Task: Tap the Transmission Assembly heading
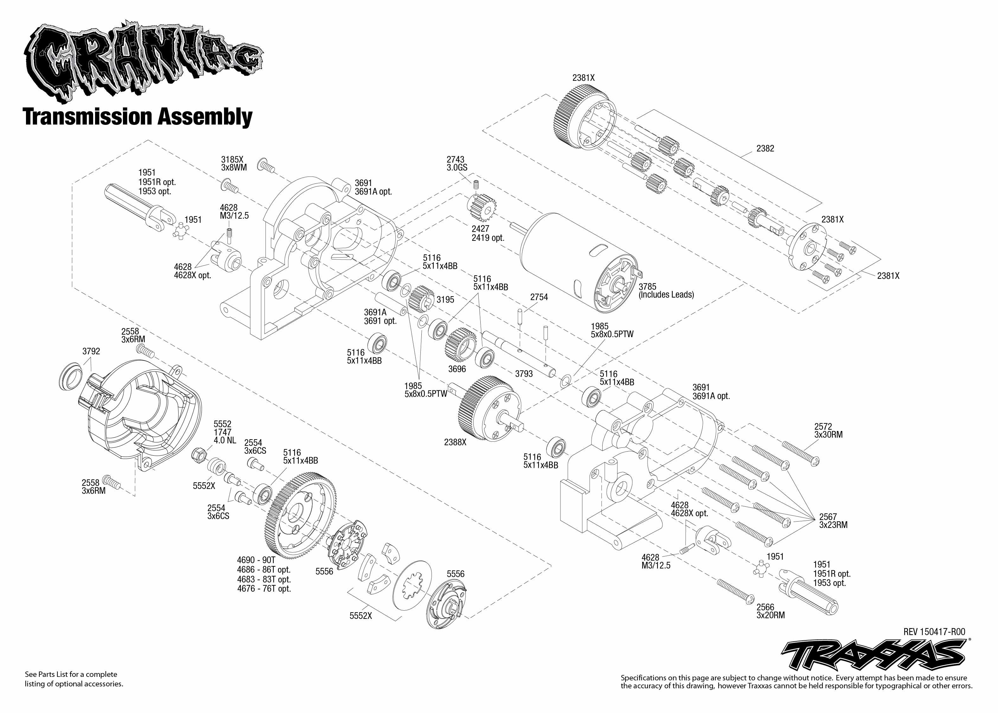(x=138, y=117)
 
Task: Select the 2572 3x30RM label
(x=828, y=430)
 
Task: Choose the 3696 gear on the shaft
(x=461, y=343)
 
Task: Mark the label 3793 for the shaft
(x=524, y=374)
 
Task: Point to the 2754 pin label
(x=539, y=297)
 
